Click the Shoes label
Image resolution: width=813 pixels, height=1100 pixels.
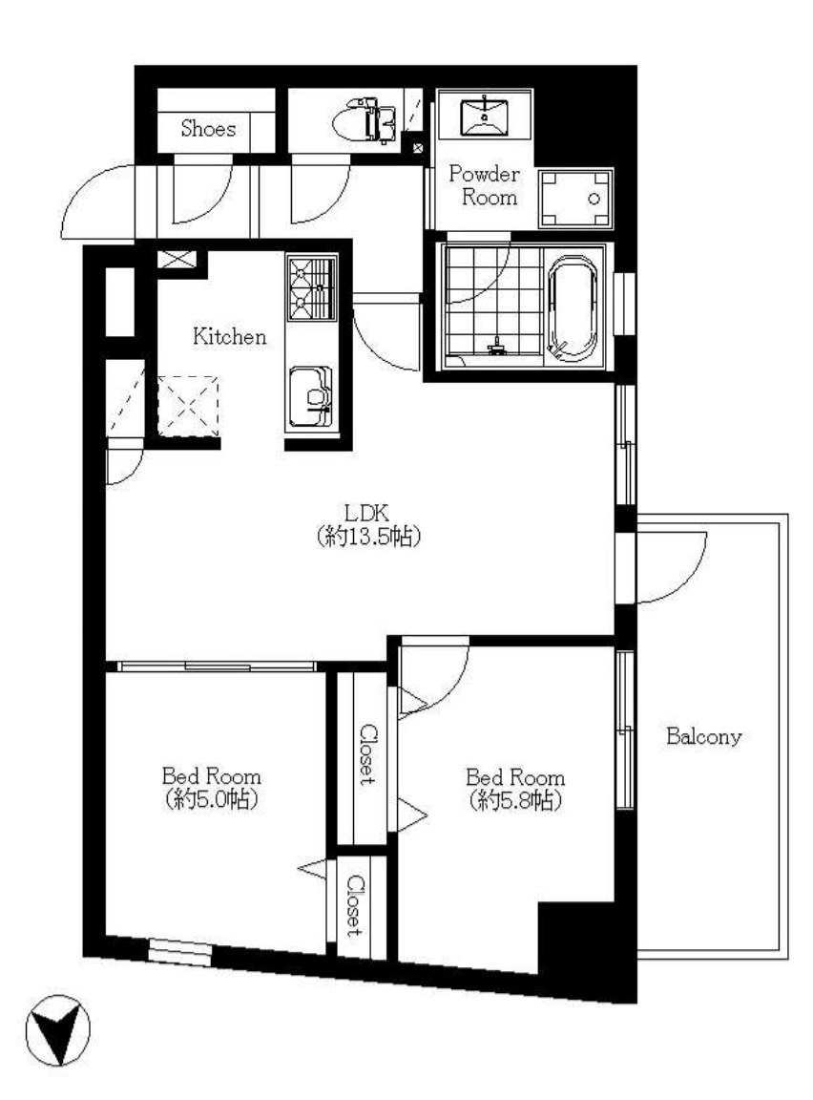208,128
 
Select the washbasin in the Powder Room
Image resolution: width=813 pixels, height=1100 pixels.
485,117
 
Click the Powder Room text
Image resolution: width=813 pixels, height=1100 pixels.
485,185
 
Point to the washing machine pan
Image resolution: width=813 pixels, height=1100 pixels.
574,199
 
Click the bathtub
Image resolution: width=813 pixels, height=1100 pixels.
573,308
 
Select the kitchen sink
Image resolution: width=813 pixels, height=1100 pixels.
310,395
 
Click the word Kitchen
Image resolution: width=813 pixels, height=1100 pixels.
230,337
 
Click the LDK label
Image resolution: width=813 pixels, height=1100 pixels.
367,513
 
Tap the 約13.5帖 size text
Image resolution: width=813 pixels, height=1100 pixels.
368,537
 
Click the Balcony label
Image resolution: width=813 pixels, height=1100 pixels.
703,736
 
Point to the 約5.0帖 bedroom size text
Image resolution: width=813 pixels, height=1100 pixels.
211,799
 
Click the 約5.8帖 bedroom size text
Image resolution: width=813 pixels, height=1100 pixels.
515,800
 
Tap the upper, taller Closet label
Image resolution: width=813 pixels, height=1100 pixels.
368,753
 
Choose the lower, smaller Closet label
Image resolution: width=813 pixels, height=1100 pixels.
355,905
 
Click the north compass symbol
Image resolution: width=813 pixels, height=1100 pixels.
58,1030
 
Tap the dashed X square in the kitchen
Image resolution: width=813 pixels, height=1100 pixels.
187,406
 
